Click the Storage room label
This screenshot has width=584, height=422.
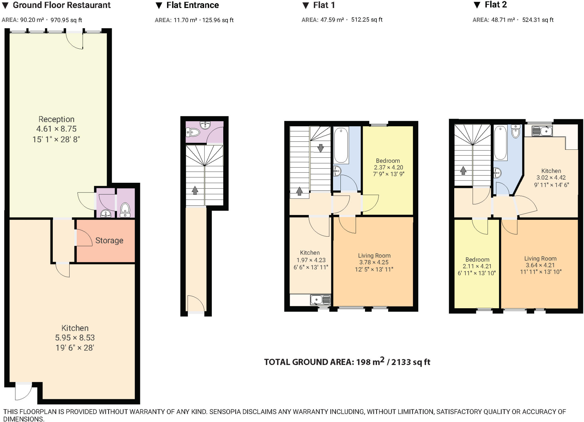(x=109, y=240)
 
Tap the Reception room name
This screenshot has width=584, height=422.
(x=56, y=119)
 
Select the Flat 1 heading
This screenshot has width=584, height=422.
(x=324, y=5)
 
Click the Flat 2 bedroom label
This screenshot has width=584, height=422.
(x=477, y=259)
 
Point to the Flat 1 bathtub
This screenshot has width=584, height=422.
(x=341, y=145)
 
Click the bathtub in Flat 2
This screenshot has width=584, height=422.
(x=500, y=143)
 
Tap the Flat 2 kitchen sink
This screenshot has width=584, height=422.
(x=542, y=131)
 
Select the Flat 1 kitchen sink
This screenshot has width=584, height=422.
(x=321, y=300)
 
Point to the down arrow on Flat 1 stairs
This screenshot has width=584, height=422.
(x=321, y=148)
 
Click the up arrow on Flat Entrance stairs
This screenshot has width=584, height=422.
(x=195, y=190)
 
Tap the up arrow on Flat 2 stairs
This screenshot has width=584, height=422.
(x=463, y=171)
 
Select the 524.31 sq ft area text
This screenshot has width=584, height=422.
(x=538, y=20)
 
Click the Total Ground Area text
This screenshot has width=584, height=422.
(x=347, y=362)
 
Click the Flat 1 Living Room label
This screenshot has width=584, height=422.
(x=374, y=255)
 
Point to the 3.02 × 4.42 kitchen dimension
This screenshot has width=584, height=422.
(x=551, y=177)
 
